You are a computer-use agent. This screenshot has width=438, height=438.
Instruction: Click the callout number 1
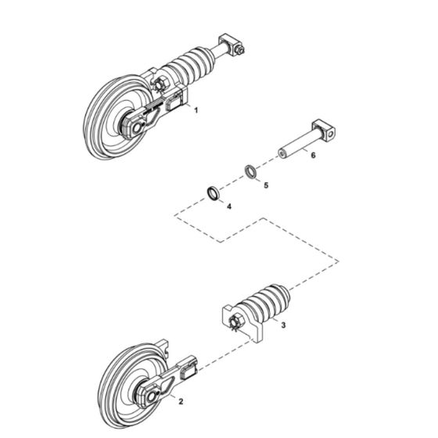coord(196,111)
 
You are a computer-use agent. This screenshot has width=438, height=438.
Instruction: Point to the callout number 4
coord(228,206)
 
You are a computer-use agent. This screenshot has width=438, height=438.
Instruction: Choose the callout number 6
coord(313,156)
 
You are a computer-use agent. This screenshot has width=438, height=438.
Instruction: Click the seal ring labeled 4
coord(214,192)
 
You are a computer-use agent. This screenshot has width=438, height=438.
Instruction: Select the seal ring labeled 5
coord(249,171)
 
